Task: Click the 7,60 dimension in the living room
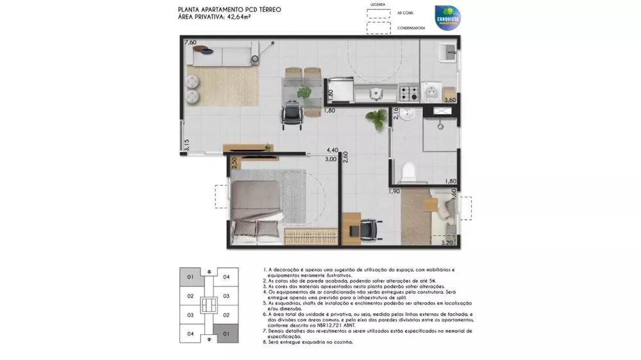coord(190,42)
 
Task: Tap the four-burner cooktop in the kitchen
coord(409,94)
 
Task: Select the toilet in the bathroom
coord(407,171)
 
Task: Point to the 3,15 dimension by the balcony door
coord(187,145)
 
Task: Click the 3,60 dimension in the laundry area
coord(450,101)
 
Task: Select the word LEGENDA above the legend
coord(378,4)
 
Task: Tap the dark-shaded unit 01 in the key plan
coord(226,334)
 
